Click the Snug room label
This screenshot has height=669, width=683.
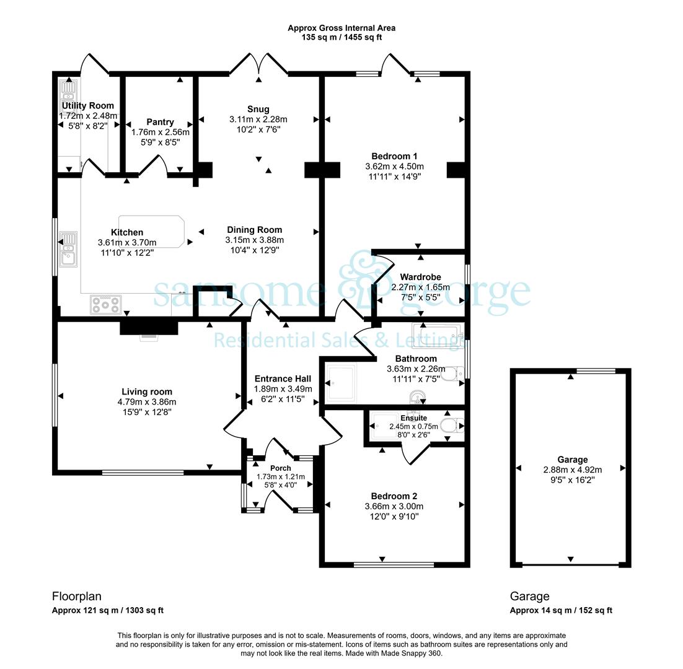pyautogui.click(x=258, y=109)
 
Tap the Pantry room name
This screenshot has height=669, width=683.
pyautogui.click(x=161, y=122)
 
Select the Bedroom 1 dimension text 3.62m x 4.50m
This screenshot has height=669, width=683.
pyautogui.click(x=395, y=166)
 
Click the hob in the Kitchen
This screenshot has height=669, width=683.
pyautogui.click(x=106, y=304)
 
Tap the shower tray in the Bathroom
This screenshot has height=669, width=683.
pyautogui.click(x=341, y=382)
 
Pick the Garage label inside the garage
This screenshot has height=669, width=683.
pyautogui.click(x=572, y=460)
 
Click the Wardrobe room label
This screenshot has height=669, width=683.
pyautogui.click(x=420, y=277)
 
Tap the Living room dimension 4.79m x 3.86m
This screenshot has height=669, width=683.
pyautogui.click(x=147, y=402)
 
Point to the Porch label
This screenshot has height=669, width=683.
pyautogui.click(x=281, y=468)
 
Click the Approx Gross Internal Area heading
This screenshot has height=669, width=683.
pyautogui.click(x=341, y=28)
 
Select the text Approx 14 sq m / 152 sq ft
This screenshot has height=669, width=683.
pyautogui.click(x=561, y=610)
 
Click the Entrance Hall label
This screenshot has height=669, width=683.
pyautogui.click(x=283, y=378)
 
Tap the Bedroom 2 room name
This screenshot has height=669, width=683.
pyautogui.click(x=394, y=496)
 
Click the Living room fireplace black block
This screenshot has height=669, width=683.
pyautogui.click(x=149, y=327)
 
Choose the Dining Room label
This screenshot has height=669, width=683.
pyautogui.click(x=254, y=230)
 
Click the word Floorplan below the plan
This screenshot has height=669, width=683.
pyautogui.click(x=77, y=597)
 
